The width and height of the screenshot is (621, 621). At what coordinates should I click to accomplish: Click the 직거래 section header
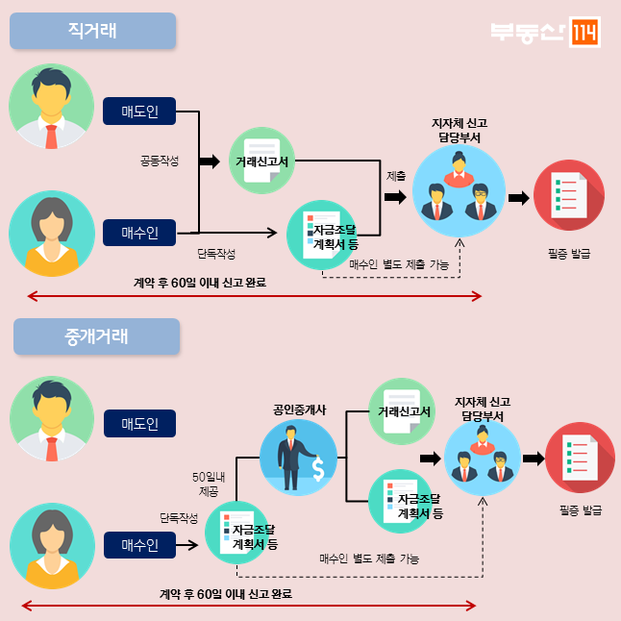click(93, 31)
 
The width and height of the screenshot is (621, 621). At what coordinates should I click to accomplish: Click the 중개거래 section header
click(97, 337)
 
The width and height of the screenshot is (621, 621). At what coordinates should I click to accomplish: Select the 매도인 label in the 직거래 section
click(140, 112)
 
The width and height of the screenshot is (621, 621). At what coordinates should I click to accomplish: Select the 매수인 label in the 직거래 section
click(140, 232)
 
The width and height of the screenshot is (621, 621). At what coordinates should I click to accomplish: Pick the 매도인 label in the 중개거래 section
click(140, 423)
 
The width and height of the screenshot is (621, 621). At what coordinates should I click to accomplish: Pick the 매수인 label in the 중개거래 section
click(140, 545)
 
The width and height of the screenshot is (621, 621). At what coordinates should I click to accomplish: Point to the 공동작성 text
click(160, 161)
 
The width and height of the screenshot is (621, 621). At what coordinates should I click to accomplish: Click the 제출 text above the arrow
click(395, 176)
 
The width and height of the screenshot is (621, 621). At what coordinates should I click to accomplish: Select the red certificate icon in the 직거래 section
click(568, 195)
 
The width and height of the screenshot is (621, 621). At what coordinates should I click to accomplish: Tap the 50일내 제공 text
click(208, 484)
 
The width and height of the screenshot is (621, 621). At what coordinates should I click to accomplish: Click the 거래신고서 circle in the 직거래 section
click(262, 160)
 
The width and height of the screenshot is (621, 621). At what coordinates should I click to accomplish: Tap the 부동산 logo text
click(527, 32)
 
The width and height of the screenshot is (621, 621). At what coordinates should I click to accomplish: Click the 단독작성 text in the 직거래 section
click(216, 254)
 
